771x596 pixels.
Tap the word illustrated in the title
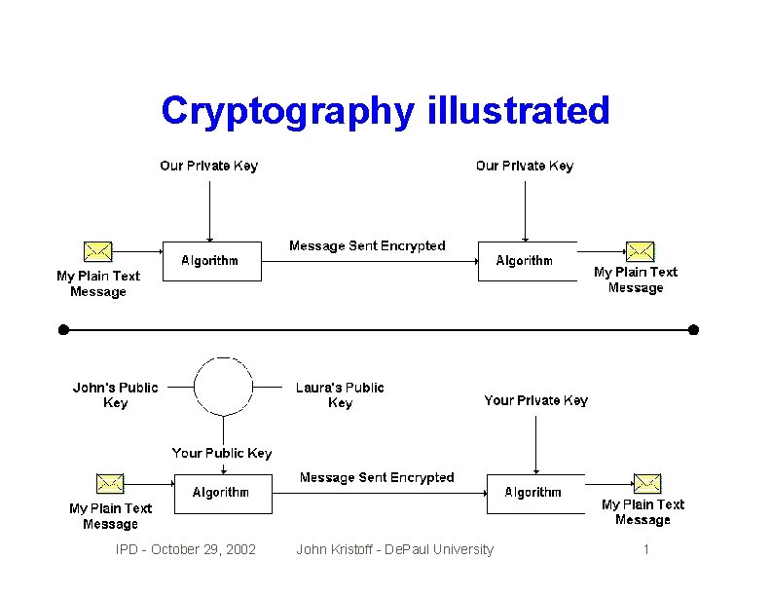(x=518, y=110)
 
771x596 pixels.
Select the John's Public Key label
(x=115, y=394)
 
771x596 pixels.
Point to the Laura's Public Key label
(x=340, y=394)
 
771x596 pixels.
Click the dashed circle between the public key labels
(x=224, y=387)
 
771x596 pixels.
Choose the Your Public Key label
(x=222, y=453)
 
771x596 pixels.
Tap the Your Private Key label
(x=535, y=400)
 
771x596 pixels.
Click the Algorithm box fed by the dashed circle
(x=222, y=493)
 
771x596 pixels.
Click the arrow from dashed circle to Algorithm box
(x=224, y=444)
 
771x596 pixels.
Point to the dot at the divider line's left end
(x=63, y=330)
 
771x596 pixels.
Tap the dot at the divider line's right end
(x=693, y=330)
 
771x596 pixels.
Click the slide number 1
(x=645, y=550)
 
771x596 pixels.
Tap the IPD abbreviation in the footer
(x=127, y=550)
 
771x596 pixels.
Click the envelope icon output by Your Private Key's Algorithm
(x=647, y=483)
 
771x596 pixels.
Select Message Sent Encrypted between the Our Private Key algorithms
(x=367, y=246)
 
